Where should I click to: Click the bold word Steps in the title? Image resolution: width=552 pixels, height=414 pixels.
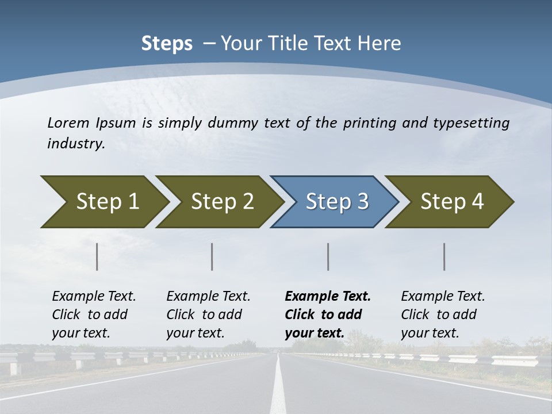[x=167, y=44]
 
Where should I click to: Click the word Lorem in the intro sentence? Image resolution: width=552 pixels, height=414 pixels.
[x=68, y=123]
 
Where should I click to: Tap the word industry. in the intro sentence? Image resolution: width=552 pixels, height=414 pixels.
[x=76, y=144]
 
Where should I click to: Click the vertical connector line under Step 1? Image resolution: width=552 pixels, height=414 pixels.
[x=97, y=256]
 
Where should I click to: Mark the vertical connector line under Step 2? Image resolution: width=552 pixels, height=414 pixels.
[x=212, y=256]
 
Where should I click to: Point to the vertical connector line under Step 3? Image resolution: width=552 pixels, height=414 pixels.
[x=328, y=256]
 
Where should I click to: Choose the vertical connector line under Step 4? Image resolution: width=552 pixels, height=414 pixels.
[x=444, y=256]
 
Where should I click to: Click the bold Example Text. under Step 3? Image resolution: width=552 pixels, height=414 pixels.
[x=328, y=297]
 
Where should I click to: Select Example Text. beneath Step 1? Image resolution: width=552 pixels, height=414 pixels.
[x=94, y=297]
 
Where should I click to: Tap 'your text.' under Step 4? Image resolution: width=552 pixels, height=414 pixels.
[x=430, y=333]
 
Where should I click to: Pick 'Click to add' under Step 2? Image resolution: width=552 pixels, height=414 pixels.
[x=204, y=315]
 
